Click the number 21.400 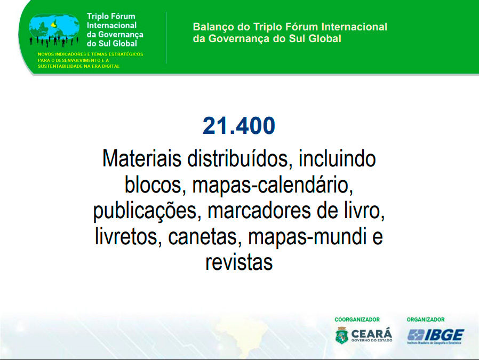tap(239, 125)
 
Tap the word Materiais tap(142, 158)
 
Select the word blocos tap(153, 185)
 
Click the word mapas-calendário tap(273, 185)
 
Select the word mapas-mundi tap(307, 237)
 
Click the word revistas tap(239, 262)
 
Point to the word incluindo tap(337, 158)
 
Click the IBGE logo tap(435, 336)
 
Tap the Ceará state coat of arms tap(341, 335)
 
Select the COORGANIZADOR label tap(357, 319)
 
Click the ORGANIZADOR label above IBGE tap(426, 319)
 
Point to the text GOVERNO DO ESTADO tap(372, 340)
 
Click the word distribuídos tap(237, 158)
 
